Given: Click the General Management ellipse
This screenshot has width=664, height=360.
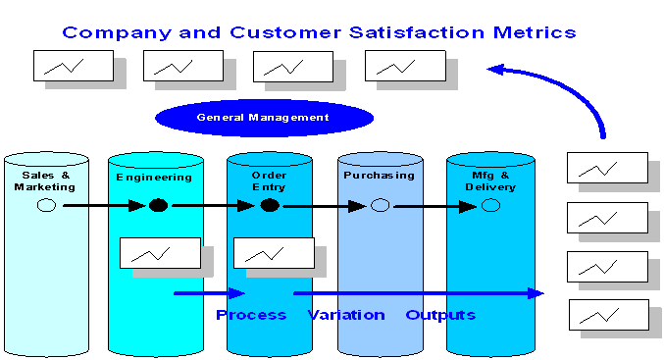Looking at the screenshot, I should [x=264, y=118].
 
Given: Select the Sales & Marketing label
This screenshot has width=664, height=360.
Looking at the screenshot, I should [x=44, y=181].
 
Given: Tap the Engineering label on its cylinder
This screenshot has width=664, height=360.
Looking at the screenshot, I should [x=154, y=177].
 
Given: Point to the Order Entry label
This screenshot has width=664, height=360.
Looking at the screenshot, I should [x=269, y=181].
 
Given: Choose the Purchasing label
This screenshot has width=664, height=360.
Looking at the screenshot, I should [x=379, y=176].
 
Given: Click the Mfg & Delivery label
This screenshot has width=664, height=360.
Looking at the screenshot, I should [x=489, y=181].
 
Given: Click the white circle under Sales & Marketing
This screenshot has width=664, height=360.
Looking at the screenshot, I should [x=46, y=205].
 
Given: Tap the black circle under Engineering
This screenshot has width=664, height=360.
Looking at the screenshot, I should [x=158, y=205].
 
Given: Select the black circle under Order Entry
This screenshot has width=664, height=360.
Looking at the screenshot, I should [x=270, y=205].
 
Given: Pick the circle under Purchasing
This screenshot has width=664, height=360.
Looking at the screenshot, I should [x=381, y=205].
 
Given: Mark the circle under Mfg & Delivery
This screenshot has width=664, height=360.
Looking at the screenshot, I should [x=490, y=205].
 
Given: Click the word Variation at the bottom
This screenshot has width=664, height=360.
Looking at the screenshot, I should [x=346, y=315].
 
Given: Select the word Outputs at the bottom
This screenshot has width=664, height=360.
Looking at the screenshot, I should [x=440, y=315].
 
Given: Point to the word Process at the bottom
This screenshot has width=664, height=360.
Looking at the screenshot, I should [x=251, y=315].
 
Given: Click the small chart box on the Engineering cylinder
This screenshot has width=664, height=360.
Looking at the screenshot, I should [x=160, y=252].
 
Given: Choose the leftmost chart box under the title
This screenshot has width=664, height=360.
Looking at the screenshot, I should [x=74, y=66].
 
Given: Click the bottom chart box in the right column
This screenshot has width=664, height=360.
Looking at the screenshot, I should [x=608, y=314].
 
